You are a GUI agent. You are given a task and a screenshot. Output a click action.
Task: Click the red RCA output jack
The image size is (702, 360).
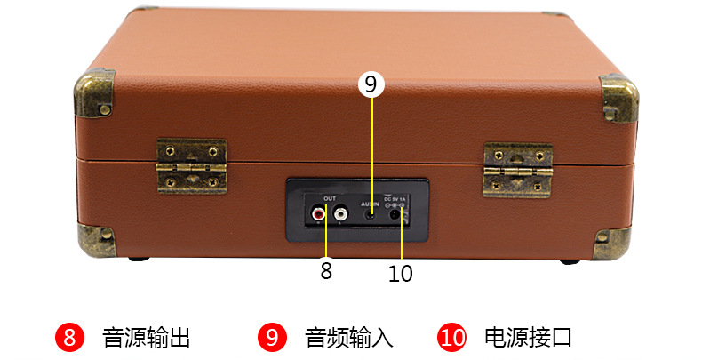pyautogui.click(x=317, y=214)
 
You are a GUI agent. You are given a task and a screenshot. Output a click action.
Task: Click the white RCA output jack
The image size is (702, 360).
pyautogui.click(x=339, y=214)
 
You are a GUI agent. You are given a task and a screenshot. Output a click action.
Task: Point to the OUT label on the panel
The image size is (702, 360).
pyautogui.click(x=329, y=197)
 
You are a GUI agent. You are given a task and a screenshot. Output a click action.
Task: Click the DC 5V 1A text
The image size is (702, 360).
pyautogui.click(x=394, y=198)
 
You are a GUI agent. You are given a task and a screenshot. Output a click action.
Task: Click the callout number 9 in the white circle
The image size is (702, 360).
pyautogui.click(x=371, y=84)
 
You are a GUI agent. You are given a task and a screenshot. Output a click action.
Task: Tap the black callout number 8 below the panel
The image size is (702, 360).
pyautogui.click(x=326, y=271)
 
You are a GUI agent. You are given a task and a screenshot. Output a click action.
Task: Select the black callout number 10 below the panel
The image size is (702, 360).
pyautogui.click(x=401, y=274)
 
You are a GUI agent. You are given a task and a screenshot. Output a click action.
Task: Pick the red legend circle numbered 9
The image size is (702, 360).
pyautogui.click(x=272, y=338)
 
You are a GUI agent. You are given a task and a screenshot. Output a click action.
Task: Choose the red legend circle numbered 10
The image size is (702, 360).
pyautogui.click(x=452, y=338)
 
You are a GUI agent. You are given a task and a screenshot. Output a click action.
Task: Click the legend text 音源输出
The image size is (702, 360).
pyautogui.click(x=146, y=338)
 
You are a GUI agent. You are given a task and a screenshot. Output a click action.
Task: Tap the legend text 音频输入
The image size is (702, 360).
pyautogui.click(x=348, y=338)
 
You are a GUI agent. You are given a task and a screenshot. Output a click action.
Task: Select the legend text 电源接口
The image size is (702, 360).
pyautogui.click(x=528, y=338)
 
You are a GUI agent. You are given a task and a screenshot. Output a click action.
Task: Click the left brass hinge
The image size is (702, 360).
pyautogui.click(x=190, y=165)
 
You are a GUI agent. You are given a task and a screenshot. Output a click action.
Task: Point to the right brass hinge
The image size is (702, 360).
pyautogui.click(x=517, y=169)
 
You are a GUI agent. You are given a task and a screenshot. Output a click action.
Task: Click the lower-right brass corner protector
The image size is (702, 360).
pyautogui.click(x=613, y=242)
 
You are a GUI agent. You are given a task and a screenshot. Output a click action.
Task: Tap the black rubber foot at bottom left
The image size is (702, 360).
pyautogui.click(x=136, y=260)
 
